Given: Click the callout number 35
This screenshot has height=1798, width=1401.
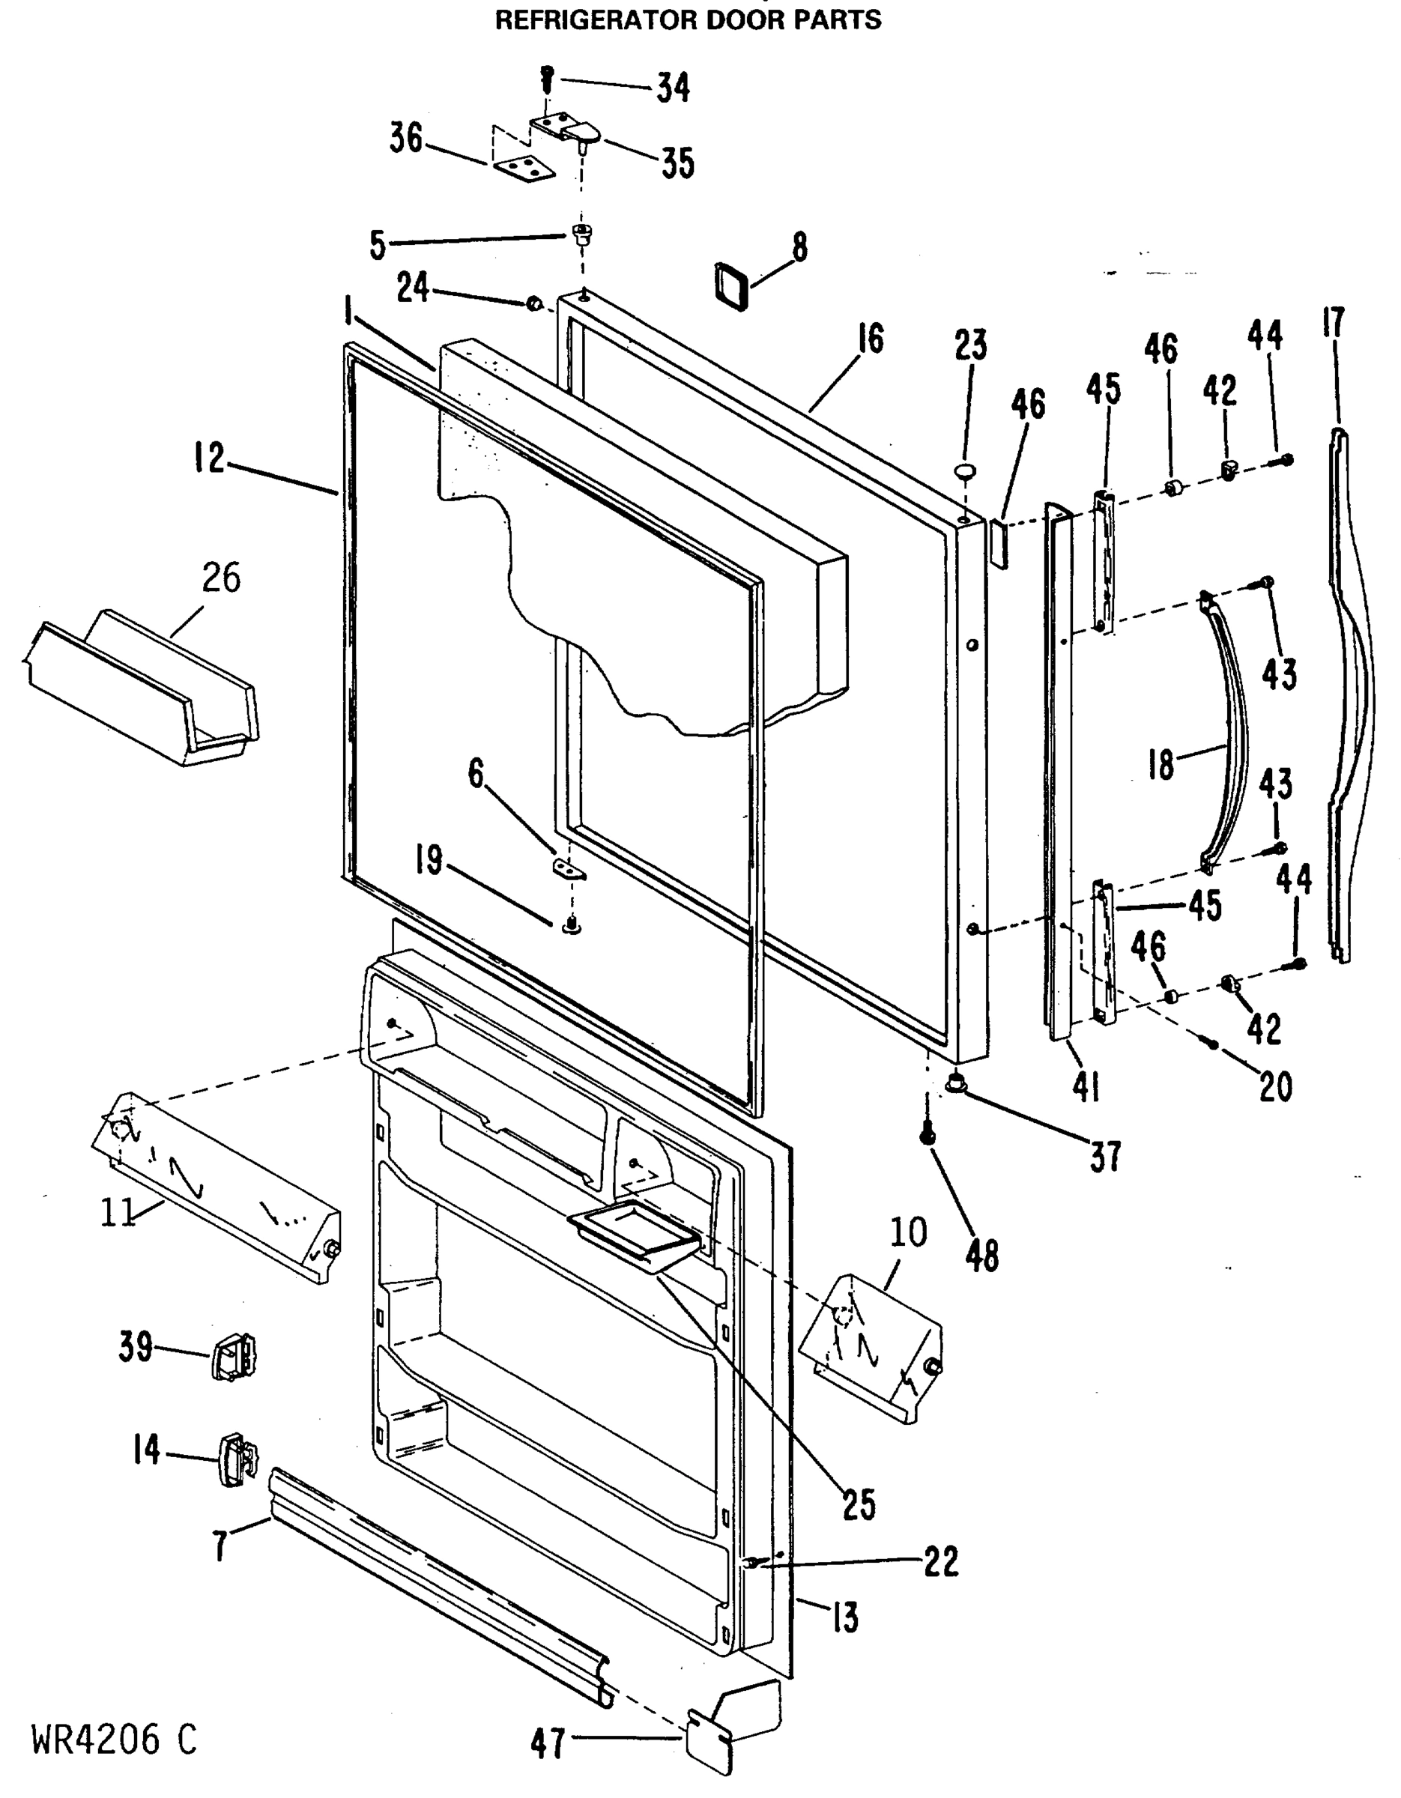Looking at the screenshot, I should pos(677,163).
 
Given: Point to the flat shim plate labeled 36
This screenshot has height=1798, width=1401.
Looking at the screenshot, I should pos(524,169).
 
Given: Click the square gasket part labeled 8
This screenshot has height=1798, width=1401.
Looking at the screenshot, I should pos(732,285).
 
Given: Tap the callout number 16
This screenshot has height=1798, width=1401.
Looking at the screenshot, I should pos(868,339).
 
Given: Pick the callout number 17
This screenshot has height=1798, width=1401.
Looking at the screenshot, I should pos(1333,323).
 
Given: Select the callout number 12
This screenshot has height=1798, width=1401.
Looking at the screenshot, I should pos(209,458).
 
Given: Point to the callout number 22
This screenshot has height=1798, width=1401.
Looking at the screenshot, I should pos(941,1561).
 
